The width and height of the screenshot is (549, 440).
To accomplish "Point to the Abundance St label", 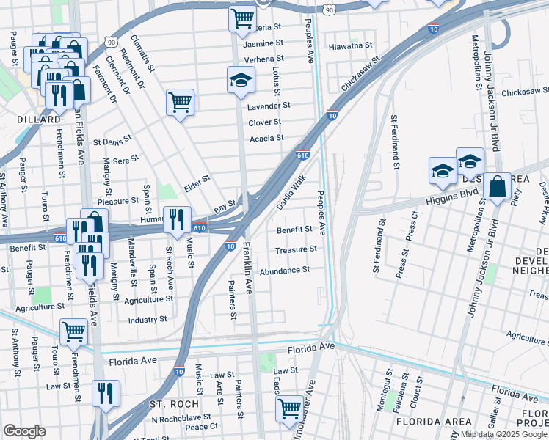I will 285,271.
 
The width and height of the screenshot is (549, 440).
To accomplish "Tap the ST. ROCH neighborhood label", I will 170,405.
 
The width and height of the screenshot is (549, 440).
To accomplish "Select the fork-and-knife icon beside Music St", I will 177,219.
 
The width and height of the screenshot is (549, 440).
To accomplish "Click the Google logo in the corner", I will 24,431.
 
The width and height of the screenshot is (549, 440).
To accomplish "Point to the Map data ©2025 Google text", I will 503,434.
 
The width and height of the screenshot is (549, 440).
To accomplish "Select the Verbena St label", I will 264,59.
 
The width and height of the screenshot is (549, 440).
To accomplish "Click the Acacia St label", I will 266,138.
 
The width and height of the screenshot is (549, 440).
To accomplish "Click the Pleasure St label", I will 118,200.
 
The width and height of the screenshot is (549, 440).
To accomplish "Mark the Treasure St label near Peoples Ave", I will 296,249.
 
